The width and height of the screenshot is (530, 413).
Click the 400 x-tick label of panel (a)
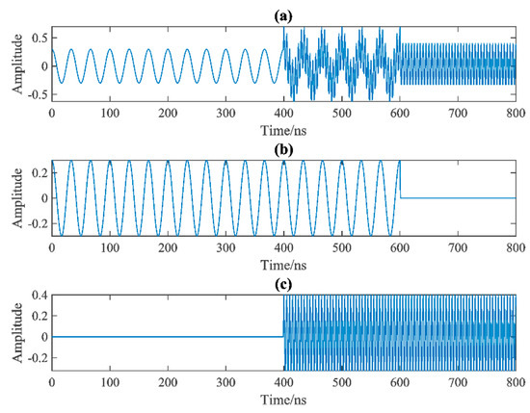point(284,113)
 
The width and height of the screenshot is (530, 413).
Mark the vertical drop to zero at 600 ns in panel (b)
point(402,183)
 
